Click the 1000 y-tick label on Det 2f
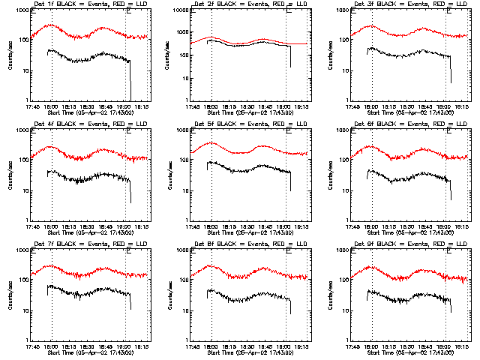180,10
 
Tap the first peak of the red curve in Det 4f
51,147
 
